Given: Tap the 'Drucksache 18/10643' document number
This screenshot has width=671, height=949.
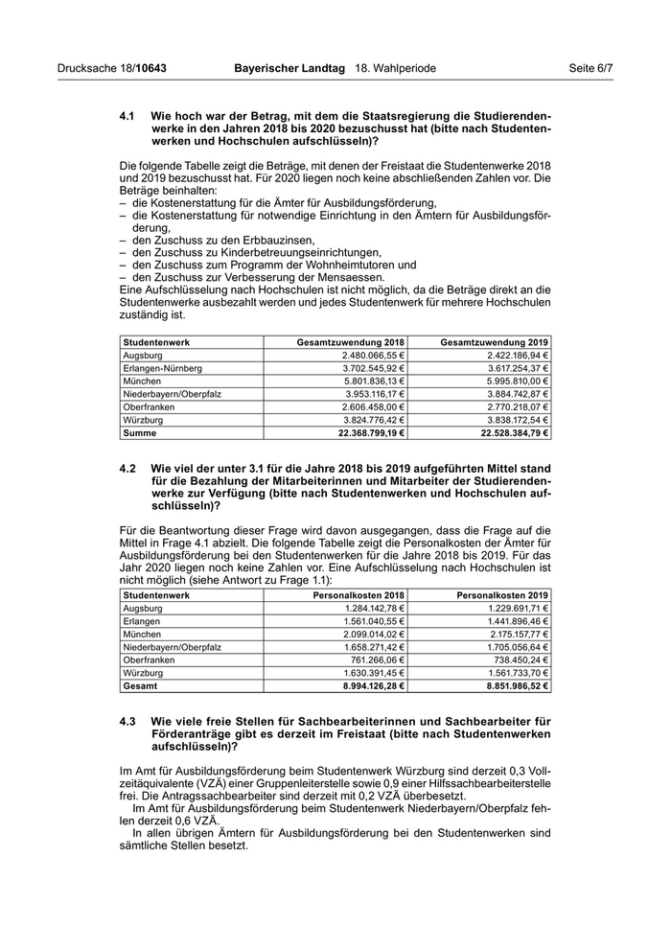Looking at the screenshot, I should [112, 69].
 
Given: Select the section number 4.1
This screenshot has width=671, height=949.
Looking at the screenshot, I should [127, 116].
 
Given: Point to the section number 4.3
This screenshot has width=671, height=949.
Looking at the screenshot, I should [127, 721].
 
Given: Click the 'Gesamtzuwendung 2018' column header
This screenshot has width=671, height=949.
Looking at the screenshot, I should [351, 341].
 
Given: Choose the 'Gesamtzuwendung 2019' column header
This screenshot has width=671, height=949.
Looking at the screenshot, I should [495, 341].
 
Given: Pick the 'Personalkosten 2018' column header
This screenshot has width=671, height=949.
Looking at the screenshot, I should [359, 594].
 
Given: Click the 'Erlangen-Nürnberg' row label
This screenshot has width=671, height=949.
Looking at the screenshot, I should [163, 368].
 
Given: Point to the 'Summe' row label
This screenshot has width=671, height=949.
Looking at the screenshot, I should [140, 433].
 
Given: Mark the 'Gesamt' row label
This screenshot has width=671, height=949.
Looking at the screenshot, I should [140, 686].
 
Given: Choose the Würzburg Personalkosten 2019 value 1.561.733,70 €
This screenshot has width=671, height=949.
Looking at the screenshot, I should [515, 673].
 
